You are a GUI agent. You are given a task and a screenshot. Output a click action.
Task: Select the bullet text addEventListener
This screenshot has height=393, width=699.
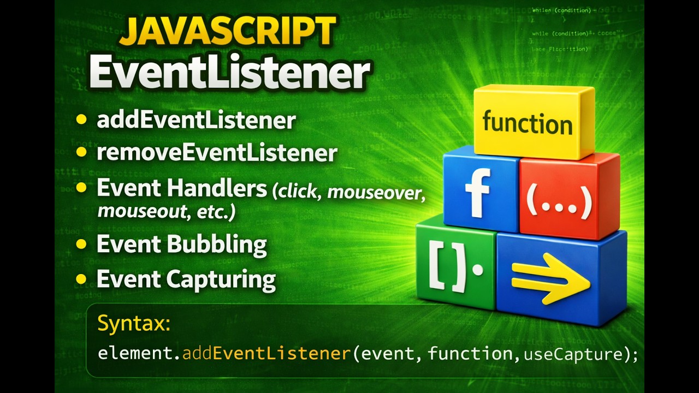click(196, 121)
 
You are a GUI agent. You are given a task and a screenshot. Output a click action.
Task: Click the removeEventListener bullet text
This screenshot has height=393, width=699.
click(217, 153)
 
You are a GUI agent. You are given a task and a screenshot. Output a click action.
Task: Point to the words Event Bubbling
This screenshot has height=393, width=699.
click(181, 244)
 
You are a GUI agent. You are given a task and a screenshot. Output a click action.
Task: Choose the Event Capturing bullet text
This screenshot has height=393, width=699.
click(186, 279)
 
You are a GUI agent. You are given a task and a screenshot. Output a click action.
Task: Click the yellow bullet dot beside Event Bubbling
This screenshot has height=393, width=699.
click(81, 244)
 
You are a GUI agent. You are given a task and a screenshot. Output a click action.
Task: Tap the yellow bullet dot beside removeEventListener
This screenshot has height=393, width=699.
click(81, 153)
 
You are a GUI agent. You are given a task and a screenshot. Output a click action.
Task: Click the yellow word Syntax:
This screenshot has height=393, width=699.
click(134, 324)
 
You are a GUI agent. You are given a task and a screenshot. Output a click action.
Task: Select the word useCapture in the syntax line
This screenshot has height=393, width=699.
click(573, 354)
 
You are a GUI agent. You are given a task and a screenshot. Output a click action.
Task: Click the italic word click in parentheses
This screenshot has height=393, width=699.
click(298, 192)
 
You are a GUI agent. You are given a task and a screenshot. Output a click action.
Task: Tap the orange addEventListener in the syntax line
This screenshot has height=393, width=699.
click(266, 354)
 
